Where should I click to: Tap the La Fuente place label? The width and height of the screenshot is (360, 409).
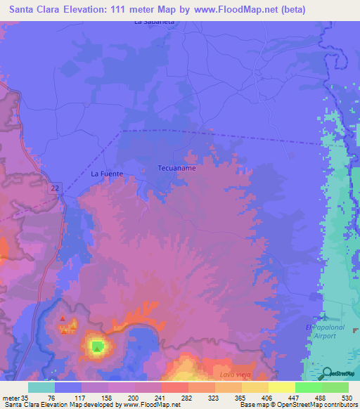pos(107,174)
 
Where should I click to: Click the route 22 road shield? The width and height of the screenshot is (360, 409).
pos(54,186)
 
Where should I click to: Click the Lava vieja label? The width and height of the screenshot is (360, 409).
pos(235,376)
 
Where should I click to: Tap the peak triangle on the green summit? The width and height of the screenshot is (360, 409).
pos(96,346)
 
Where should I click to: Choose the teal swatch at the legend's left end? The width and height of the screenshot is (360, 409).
pos(41,387)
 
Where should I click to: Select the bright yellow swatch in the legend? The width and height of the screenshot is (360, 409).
pos(281,387)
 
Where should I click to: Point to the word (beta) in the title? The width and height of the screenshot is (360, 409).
pos(290,8)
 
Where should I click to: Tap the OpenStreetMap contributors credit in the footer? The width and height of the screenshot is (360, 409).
pos(319,405)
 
